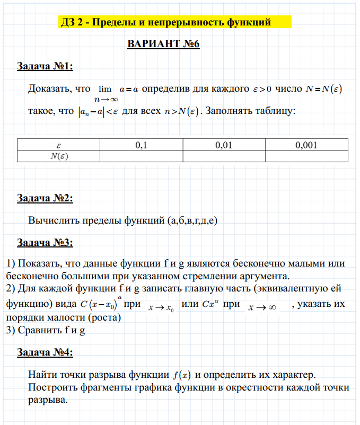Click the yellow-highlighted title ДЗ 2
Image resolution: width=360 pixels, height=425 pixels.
(x=165, y=22)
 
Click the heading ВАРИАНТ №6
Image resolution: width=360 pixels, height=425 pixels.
(x=163, y=44)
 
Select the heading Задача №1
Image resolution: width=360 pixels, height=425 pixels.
(x=45, y=67)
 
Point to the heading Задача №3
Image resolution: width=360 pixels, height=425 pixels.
(x=45, y=243)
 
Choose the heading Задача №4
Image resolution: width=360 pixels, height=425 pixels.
(x=45, y=352)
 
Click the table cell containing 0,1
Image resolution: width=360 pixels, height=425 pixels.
(x=141, y=144)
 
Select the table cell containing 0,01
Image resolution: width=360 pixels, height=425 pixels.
(x=224, y=144)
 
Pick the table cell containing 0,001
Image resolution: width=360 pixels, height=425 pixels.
(x=306, y=144)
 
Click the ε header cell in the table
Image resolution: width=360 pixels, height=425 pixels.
(x=59, y=144)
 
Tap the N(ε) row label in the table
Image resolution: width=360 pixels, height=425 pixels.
(x=59, y=156)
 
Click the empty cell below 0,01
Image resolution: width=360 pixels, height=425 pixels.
(x=224, y=156)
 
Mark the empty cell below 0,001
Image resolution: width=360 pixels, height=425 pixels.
(x=306, y=156)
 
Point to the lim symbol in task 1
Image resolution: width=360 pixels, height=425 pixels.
(x=104, y=90)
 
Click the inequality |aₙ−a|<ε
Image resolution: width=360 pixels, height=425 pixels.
(x=99, y=112)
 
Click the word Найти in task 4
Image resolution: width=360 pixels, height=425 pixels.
(x=41, y=375)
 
